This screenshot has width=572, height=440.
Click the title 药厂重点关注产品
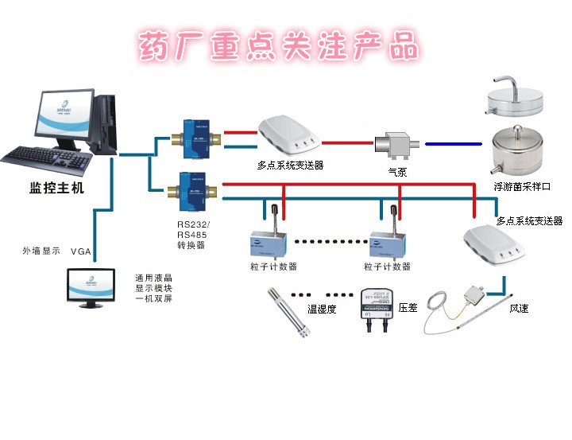278,46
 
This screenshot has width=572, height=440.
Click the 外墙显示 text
41,251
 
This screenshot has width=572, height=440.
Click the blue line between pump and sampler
453,144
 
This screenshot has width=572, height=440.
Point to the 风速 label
518,307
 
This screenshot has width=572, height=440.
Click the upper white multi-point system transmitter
288,135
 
